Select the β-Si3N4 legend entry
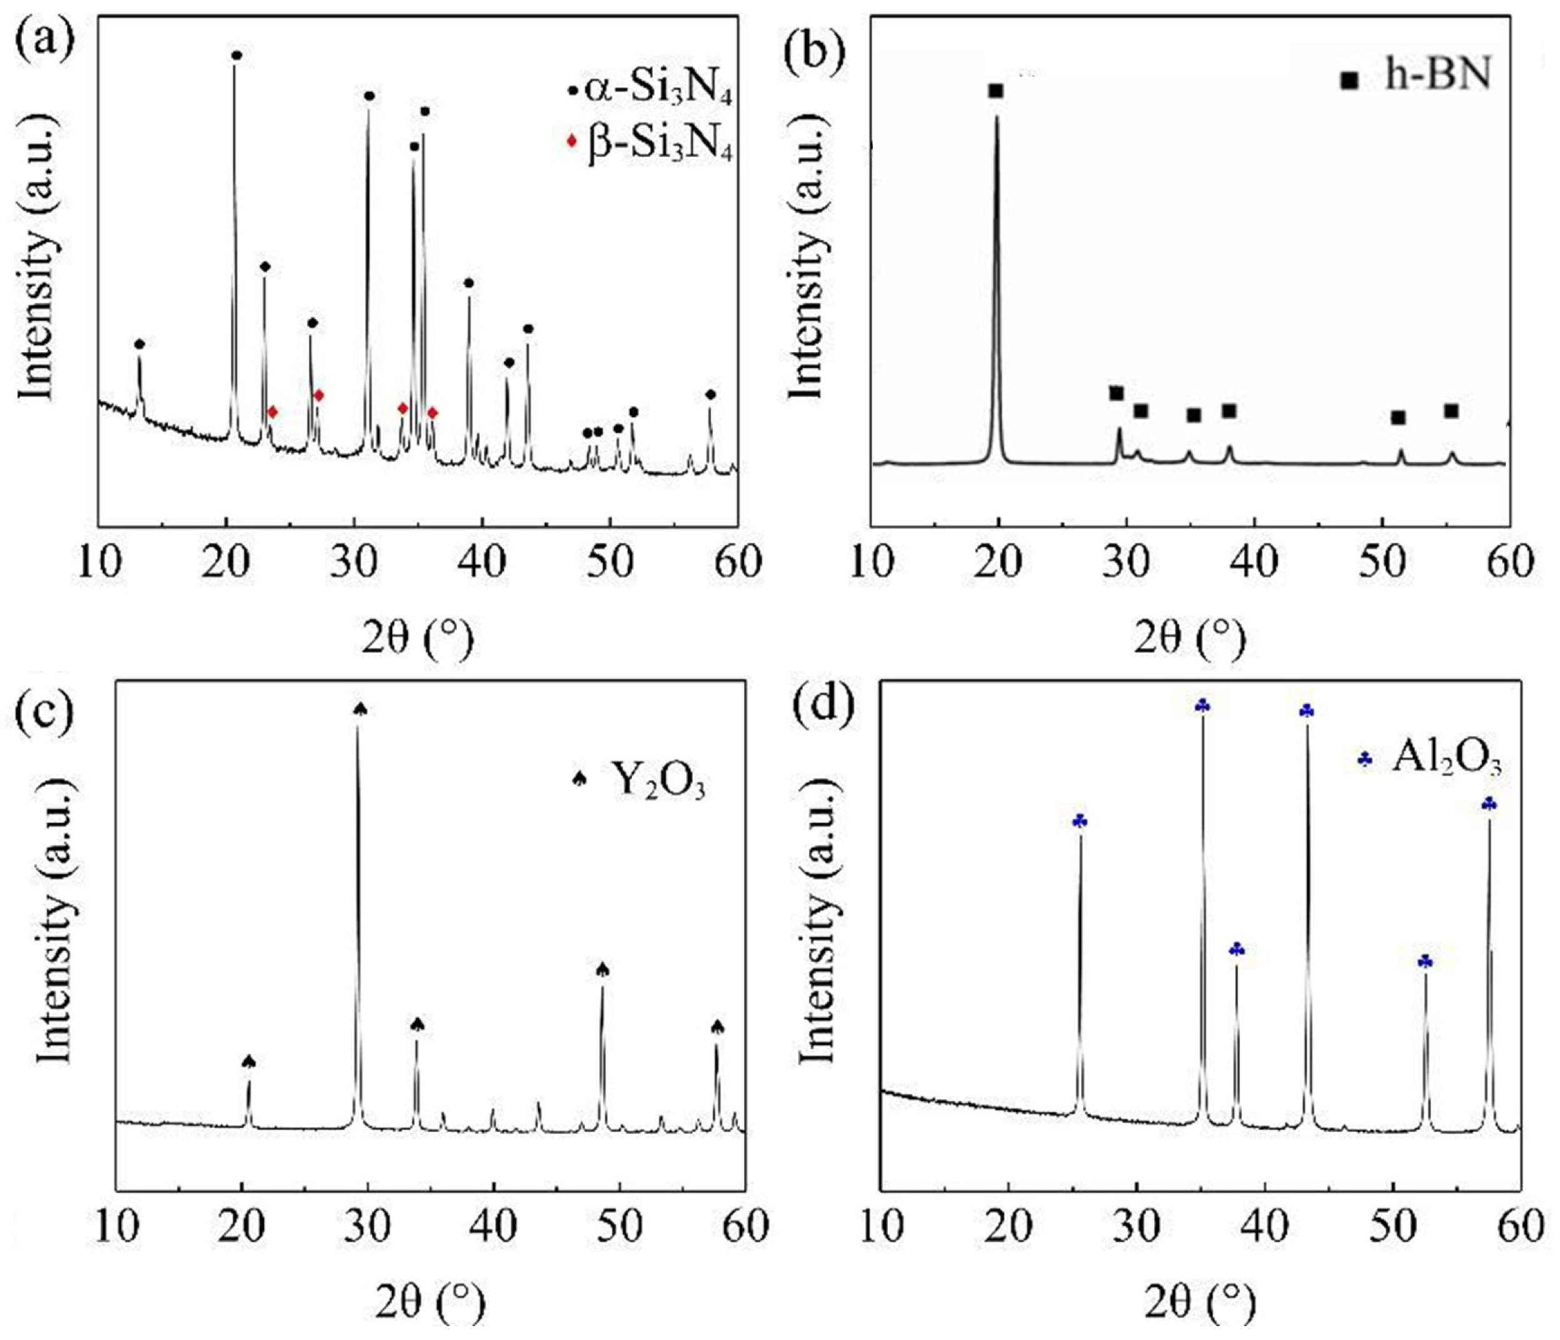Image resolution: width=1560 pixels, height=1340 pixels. pos(651,143)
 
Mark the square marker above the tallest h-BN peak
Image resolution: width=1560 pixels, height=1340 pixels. pos(996,91)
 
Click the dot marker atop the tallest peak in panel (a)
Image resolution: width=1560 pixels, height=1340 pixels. pos(237,56)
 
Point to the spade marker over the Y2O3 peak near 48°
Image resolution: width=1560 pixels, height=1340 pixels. pos(602,969)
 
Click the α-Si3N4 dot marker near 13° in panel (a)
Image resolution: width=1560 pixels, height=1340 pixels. pos(139,344)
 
